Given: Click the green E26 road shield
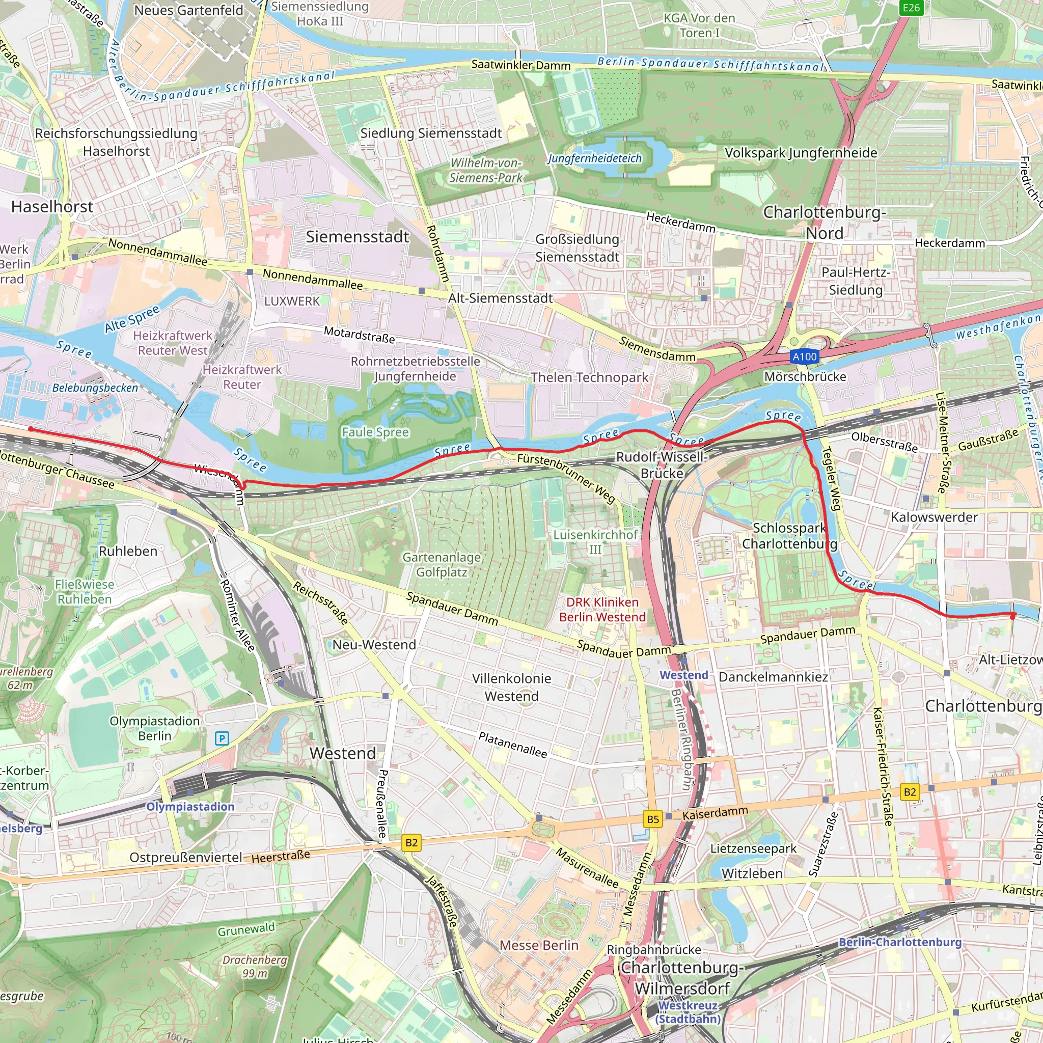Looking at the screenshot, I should click(911, 8).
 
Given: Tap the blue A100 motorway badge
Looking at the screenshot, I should click(804, 356).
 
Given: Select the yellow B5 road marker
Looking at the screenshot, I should click(653, 819).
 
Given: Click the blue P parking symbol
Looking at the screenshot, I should click(222, 738).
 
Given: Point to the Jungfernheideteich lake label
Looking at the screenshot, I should click(594, 158).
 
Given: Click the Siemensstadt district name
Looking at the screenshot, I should click(358, 236).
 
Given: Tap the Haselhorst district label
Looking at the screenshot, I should click(52, 207).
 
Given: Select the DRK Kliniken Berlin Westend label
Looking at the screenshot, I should click(602, 610).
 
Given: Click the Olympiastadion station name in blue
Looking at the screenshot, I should click(190, 807).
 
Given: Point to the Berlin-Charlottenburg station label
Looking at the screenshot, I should click(900, 942).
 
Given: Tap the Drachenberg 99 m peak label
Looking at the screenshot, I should click(254, 966).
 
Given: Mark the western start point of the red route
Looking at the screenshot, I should click(30, 429).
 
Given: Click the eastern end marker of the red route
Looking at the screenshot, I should click(1013, 615).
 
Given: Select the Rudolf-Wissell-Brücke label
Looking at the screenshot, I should click(662, 465).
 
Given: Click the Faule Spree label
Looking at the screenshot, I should click(375, 432).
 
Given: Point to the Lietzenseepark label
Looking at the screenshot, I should click(753, 848).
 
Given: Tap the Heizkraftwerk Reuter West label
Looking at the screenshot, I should click(173, 343).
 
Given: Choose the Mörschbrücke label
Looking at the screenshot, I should click(805, 376).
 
